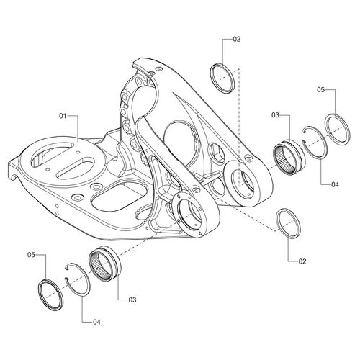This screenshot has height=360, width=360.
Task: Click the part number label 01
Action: click(x=63, y=115)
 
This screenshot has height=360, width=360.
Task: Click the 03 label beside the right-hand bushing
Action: click(x=276, y=115)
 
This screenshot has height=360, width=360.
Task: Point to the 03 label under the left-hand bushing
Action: click(x=132, y=298)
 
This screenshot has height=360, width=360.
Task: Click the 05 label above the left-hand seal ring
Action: click(x=31, y=254)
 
